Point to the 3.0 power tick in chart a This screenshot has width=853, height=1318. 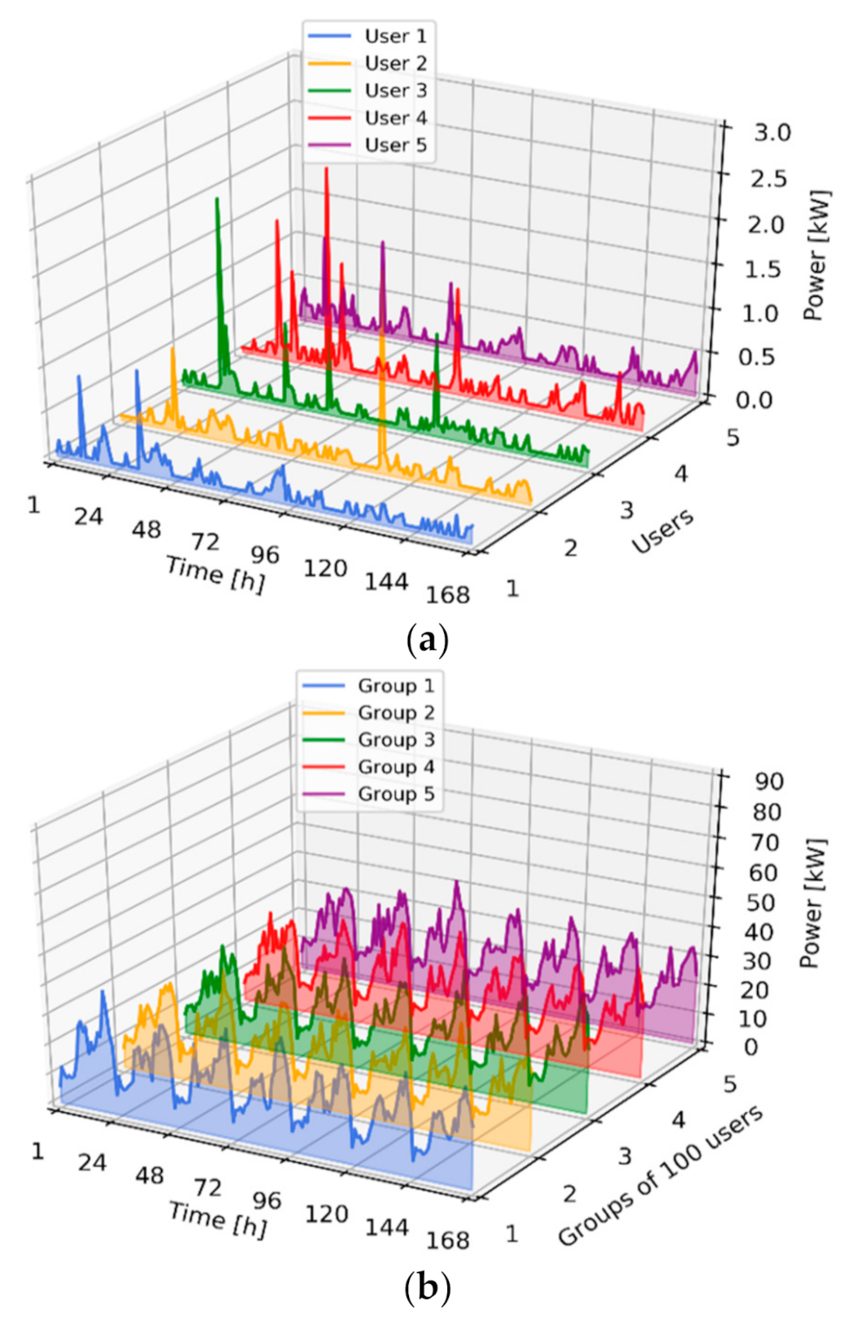[x=771, y=132]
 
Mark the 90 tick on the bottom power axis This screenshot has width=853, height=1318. [x=768, y=781]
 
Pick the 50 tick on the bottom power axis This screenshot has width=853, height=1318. [x=762, y=903]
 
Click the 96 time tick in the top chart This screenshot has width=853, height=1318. [x=265, y=554]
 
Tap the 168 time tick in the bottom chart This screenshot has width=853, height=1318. [x=448, y=1240]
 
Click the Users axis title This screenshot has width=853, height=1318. [x=663, y=531]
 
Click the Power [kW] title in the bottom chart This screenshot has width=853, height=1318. [x=813, y=903]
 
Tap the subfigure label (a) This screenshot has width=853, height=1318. [x=426, y=641]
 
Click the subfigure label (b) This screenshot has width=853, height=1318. [x=426, y=1288]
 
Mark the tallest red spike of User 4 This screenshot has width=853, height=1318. [x=326, y=170]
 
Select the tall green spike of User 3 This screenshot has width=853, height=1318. [x=217, y=200]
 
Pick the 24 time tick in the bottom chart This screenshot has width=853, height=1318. [x=92, y=1162]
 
